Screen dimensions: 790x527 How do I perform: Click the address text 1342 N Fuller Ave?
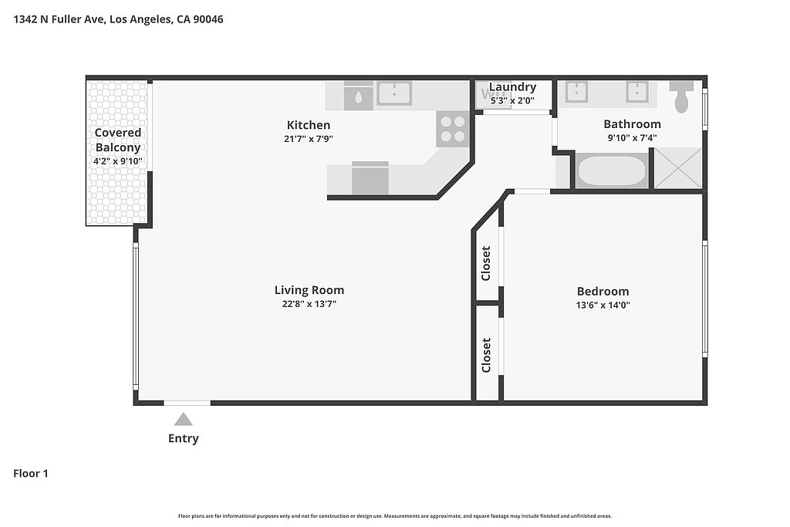click(59, 19)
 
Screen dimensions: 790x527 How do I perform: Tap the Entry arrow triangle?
click(184, 419)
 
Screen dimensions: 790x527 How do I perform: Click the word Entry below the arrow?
click(184, 438)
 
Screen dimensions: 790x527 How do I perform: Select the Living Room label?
click(309, 290)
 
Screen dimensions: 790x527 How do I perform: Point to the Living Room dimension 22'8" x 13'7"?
click(309, 304)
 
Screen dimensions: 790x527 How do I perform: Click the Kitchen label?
click(309, 125)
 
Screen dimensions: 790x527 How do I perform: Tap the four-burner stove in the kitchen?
click(453, 129)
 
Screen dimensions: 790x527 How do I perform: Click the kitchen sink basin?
click(394, 93)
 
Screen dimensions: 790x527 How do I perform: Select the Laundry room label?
click(512, 87)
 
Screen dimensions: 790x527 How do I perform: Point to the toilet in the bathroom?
click(681, 96)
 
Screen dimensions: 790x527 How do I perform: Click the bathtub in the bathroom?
click(612, 171)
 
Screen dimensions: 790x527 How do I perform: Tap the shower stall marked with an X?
click(677, 169)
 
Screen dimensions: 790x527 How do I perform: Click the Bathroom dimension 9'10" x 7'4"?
click(633, 137)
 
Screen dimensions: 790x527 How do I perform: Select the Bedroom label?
click(603, 291)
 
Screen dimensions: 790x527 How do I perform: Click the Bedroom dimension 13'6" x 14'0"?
click(603, 305)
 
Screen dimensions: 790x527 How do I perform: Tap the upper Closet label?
click(486, 263)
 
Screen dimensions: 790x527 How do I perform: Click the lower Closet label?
click(486, 355)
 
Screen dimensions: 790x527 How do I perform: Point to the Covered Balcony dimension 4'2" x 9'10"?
click(118, 161)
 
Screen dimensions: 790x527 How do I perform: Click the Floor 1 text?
click(31, 474)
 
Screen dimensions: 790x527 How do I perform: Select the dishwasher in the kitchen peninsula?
click(370, 177)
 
